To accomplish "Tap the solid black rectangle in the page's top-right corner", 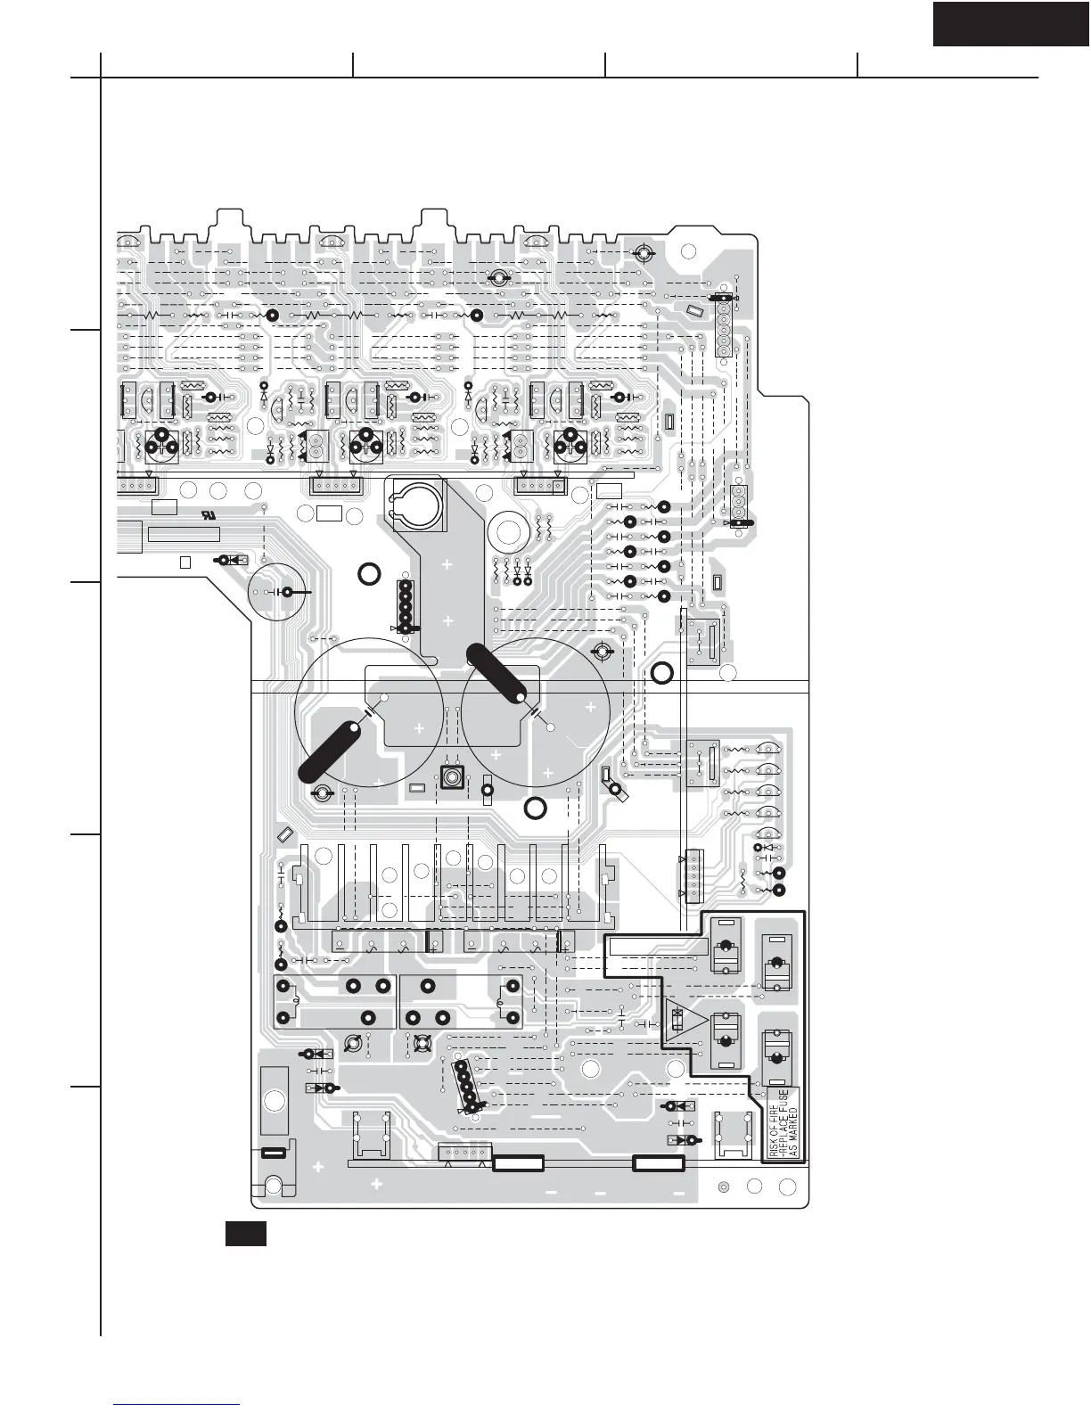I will pos(1011,23).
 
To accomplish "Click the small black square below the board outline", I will pos(245,1235).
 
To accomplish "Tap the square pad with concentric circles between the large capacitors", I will pos(452,777).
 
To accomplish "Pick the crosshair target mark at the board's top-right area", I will pos(641,253).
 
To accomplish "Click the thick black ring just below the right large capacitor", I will pos(535,809).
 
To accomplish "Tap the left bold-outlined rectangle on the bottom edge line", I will pos(518,1162).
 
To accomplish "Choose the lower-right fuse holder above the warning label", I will pos(777,1056).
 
